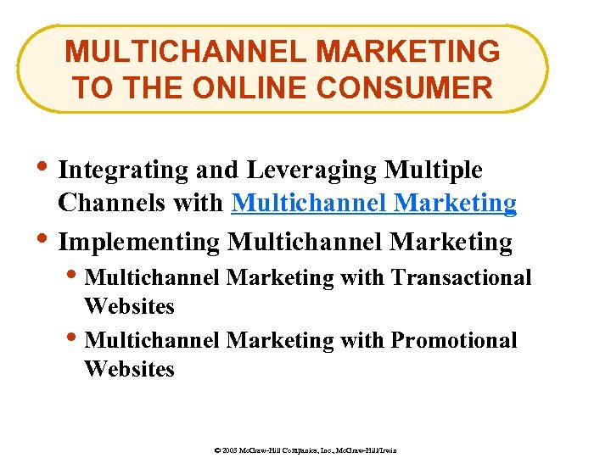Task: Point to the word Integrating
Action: coord(123,170)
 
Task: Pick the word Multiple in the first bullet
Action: coord(434,170)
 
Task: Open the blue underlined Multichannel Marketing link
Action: coord(374,204)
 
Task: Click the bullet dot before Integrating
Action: coord(44,166)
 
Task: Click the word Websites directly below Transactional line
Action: coord(129,306)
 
